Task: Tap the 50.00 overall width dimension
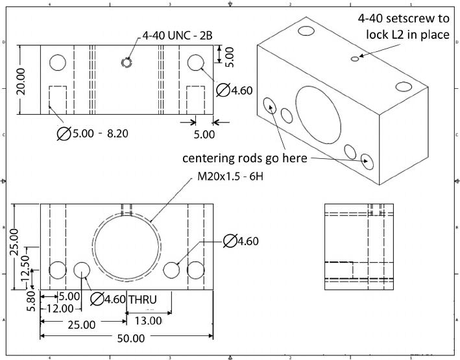click(x=130, y=338)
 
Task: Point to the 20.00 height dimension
click(x=23, y=80)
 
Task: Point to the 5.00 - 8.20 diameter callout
click(x=97, y=134)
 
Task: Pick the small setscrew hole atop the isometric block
click(x=354, y=58)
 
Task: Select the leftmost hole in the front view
click(x=58, y=270)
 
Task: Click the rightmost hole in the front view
click(x=196, y=270)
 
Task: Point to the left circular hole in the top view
click(x=58, y=62)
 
